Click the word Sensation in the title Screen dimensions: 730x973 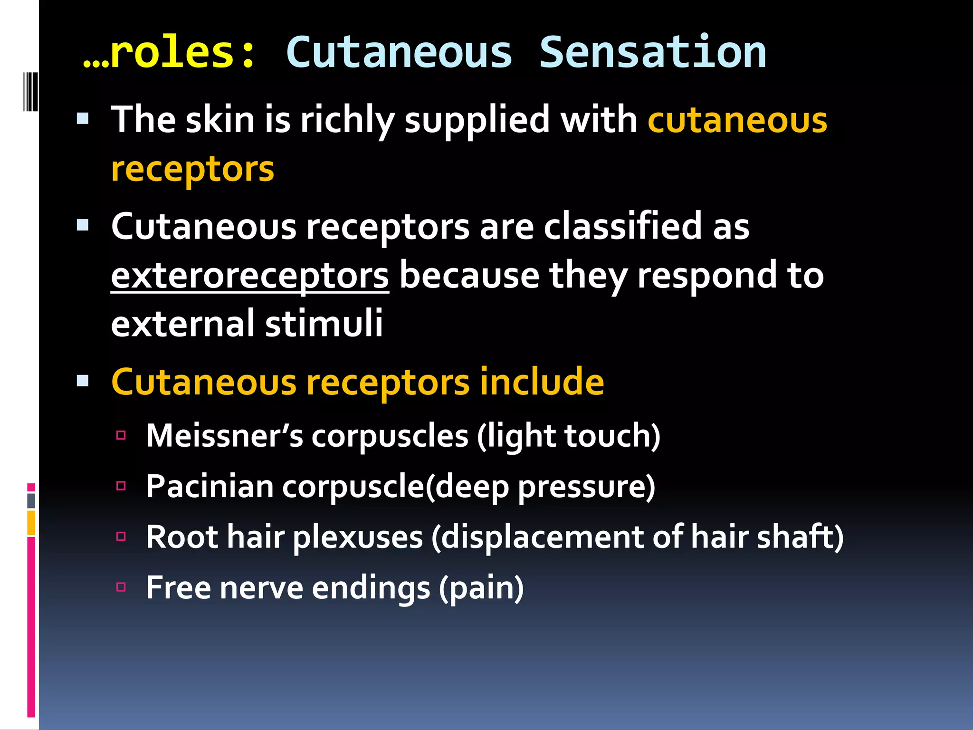tap(652, 52)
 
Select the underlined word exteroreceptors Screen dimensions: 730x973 tap(250, 276)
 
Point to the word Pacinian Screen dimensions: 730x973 tap(210, 487)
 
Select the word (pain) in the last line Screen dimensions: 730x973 tap(481, 588)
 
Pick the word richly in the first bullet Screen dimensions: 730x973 tap(347, 120)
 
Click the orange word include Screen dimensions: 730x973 tap(541, 382)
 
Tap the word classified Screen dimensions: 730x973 tap(622, 227)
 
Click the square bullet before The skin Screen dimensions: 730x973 tap(83, 118)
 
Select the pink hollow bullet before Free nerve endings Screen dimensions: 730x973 tap(121, 587)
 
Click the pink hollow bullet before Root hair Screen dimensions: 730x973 tap(121, 537)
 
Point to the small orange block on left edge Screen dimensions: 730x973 tap(31, 523)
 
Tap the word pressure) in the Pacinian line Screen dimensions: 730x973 tap(586, 487)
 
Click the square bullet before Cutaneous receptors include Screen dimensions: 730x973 tap(83, 380)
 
